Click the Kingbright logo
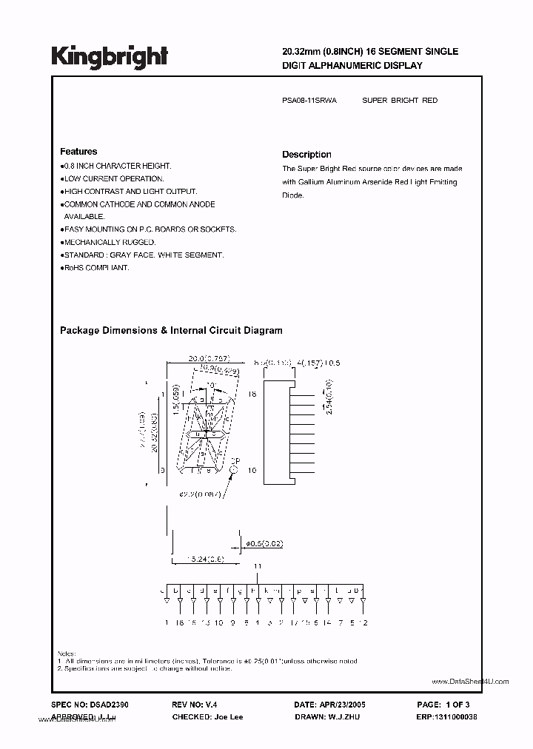pos(110,56)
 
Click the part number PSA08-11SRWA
pos(309,100)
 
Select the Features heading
pos(78,152)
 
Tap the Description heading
pos(306,155)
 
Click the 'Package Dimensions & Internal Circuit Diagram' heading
pos(170,331)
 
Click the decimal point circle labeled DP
pos(234,468)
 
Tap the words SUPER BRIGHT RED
pos(400,100)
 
